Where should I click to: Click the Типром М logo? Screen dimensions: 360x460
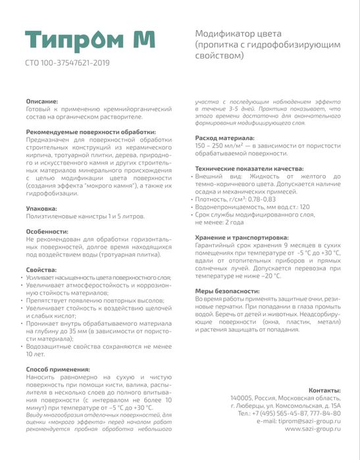[x=91, y=39]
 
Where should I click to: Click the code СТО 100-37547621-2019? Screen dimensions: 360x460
[x=67, y=63]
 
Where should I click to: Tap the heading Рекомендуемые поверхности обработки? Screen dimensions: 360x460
[x=90, y=131]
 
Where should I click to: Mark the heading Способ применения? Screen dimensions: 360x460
[x=58, y=370]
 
